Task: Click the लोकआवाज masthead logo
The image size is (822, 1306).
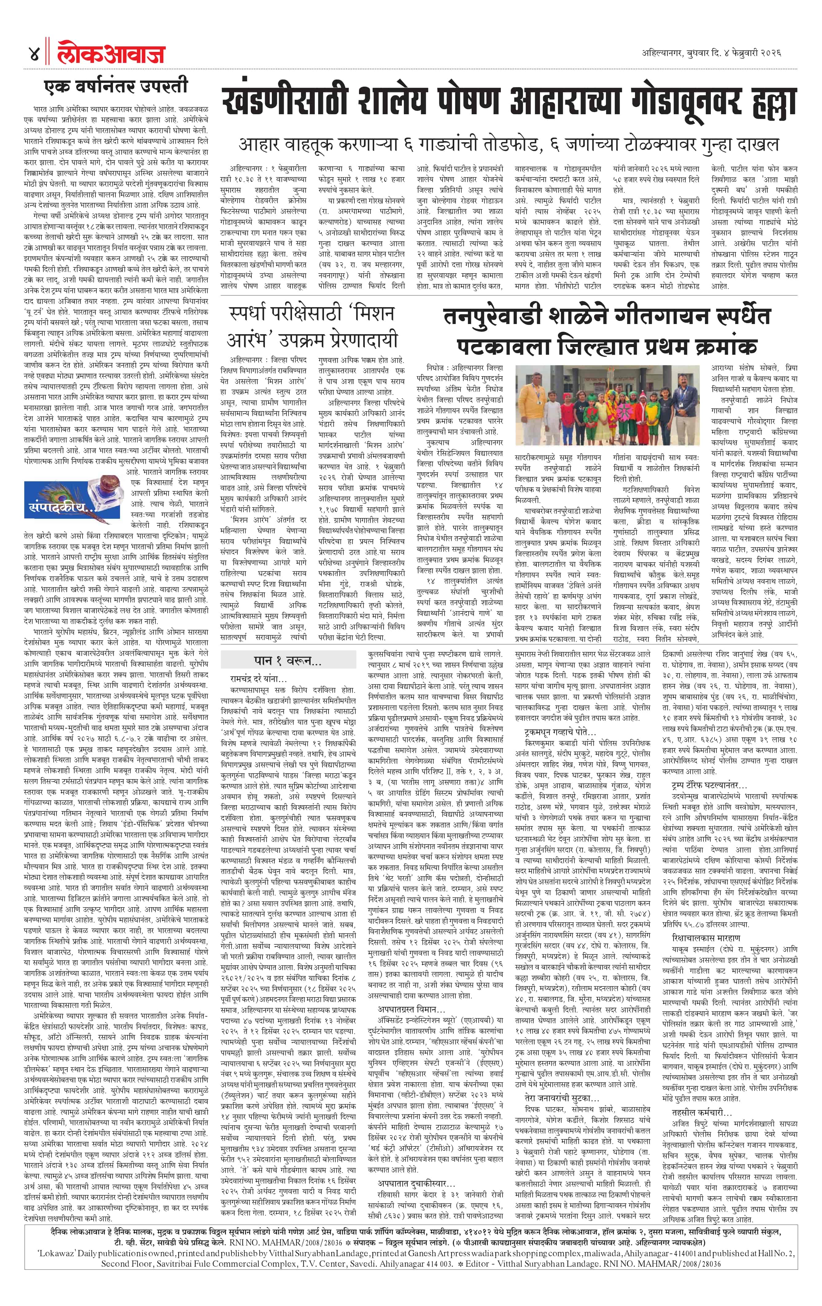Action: pos(111,54)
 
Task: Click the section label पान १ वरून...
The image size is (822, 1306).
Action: pos(287,661)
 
